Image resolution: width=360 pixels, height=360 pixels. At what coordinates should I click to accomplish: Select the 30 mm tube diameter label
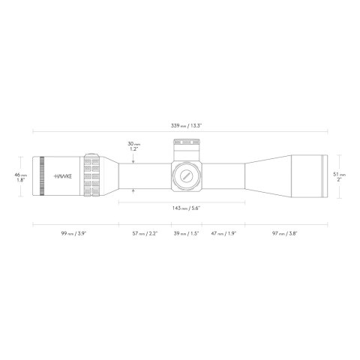(133, 145)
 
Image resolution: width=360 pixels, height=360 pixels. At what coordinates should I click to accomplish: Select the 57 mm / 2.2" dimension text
(145, 233)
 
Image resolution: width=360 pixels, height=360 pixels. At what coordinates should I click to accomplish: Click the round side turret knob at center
(184, 175)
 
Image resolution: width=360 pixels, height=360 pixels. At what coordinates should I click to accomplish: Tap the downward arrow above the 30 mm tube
(133, 156)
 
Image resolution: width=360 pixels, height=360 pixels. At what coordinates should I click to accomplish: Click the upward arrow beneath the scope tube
(133, 193)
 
